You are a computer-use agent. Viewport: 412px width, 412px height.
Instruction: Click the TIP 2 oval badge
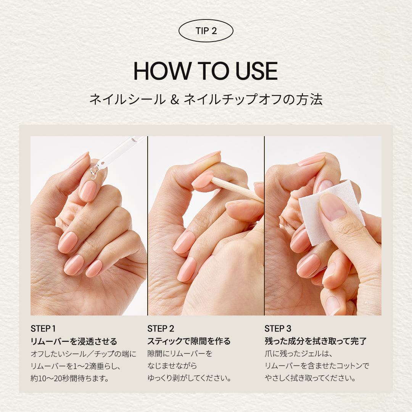point(206,31)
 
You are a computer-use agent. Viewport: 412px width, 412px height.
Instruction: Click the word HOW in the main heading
point(162,71)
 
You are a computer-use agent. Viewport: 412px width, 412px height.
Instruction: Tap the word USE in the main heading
point(256,71)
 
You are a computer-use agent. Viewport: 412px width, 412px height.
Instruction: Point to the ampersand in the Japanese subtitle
point(174,100)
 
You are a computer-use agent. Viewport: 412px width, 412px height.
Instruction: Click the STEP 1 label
point(43,328)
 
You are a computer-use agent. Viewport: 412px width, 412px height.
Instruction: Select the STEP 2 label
point(161,328)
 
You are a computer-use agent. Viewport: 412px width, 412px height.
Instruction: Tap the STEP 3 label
point(278,328)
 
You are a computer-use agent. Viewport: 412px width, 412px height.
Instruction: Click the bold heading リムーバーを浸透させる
point(74,341)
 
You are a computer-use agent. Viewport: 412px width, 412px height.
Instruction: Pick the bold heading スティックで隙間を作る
point(189,341)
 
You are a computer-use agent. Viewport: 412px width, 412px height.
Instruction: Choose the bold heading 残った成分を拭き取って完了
point(315,341)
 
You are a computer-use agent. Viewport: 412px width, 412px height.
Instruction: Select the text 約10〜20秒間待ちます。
point(70,378)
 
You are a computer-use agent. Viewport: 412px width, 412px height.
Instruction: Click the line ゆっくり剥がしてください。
point(189,378)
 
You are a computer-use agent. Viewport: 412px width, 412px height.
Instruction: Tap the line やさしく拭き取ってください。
point(310,378)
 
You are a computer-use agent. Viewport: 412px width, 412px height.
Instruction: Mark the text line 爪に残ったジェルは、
point(299,354)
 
